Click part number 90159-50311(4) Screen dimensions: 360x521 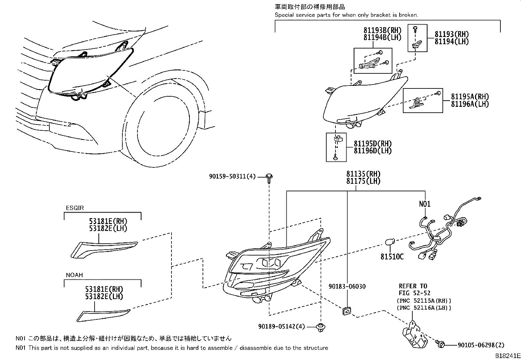232,177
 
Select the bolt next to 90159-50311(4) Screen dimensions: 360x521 269,177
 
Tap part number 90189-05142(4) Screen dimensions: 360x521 281,326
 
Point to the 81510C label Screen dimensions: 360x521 392,257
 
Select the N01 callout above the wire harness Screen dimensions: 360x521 425,204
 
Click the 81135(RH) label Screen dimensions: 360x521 363,174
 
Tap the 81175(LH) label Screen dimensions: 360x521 363,181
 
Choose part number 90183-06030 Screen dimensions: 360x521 347,287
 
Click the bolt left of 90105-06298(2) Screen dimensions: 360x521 440,344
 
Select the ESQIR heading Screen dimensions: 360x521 75,208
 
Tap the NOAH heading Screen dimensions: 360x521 74,275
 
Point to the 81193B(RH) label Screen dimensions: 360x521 382,30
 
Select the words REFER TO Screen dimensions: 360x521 413,286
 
